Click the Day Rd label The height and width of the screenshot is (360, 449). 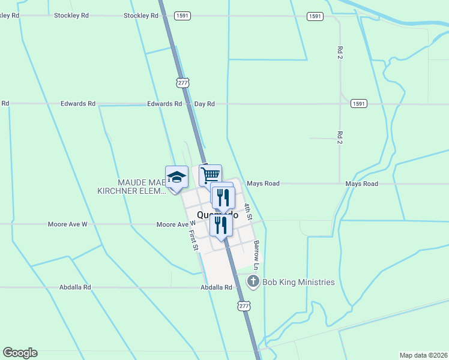[205, 104]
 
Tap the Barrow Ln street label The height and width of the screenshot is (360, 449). [256, 255]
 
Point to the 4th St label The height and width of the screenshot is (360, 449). [248, 211]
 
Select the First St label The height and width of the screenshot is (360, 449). [193, 239]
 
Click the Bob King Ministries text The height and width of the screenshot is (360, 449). [298, 282]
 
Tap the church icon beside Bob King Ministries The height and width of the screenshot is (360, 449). [253, 281]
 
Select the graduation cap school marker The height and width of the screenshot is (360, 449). [176, 177]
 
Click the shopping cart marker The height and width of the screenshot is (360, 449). [210, 175]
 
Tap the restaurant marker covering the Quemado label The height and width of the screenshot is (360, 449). [221, 224]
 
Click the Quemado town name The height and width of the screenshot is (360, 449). [204, 214]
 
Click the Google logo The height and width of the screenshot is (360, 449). [20, 353]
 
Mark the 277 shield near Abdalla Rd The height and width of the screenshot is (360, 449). [243, 306]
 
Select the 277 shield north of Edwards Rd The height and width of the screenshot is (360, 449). [181, 82]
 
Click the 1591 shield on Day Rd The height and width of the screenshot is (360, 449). [358, 104]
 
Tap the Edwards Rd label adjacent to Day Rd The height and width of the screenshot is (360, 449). [164, 104]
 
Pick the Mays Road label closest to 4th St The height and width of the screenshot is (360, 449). [263, 184]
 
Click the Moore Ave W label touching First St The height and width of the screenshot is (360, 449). [172, 224]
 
